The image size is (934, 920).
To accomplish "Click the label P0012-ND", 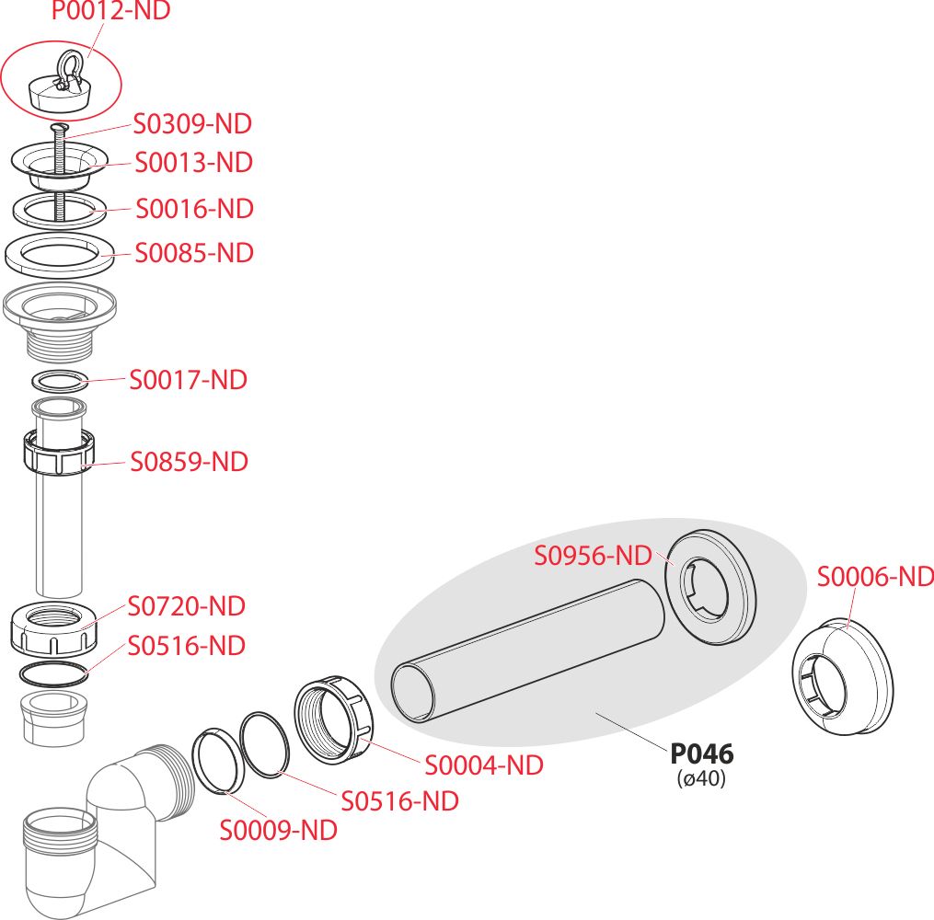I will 110,12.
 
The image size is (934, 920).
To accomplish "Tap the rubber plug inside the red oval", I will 56,90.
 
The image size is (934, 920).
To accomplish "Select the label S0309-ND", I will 192,123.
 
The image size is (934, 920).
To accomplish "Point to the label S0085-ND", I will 194,252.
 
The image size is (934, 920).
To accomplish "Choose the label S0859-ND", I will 190,461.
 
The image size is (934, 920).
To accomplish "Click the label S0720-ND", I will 187,606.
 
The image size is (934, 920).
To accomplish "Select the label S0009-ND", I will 278,830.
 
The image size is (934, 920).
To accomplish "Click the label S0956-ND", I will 594,556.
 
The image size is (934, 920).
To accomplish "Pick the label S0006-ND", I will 875,577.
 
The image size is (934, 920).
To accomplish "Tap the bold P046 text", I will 702,754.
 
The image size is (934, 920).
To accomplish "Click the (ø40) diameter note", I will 702,778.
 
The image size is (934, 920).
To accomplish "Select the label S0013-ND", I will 193,163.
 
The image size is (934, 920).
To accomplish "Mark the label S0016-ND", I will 194,209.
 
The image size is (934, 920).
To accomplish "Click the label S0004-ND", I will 483,765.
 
